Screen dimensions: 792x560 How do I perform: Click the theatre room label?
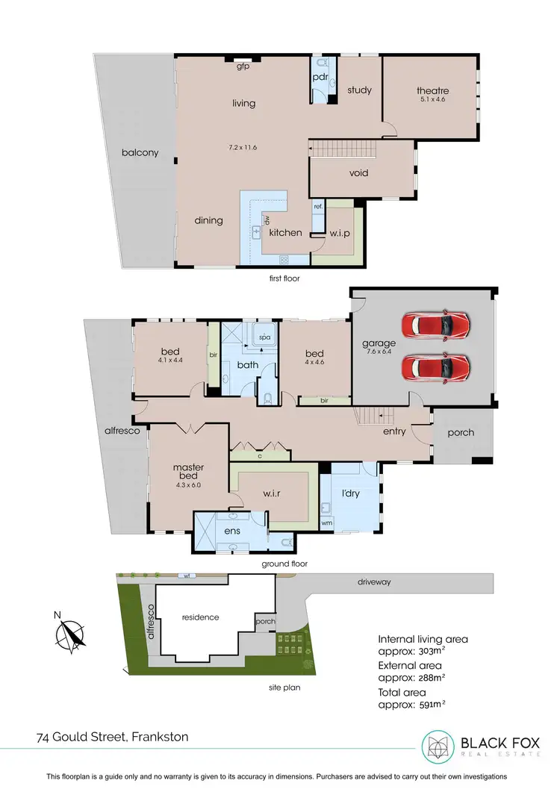click(x=432, y=91)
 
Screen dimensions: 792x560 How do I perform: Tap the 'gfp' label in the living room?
click(x=243, y=66)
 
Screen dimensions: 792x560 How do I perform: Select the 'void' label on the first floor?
click(x=359, y=173)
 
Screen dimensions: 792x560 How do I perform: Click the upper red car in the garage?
click(x=436, y=324)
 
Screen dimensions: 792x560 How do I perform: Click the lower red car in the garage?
click(x=436, y=367)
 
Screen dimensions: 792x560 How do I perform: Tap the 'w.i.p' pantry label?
click(x=340, y=233)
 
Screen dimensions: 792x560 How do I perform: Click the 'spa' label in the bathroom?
click(x=264, y=337)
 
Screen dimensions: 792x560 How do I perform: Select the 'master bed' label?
click(x=188, y=473)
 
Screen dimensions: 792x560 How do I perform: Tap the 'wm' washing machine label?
click(x=326, y=523)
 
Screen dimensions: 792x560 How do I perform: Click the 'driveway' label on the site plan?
click(x=375, y=580)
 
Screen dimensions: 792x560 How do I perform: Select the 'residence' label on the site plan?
click(x=200, y=617)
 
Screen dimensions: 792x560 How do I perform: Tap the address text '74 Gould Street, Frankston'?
click(x=112, y=737)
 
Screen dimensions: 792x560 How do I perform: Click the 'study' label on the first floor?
click(x=359, y=90)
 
